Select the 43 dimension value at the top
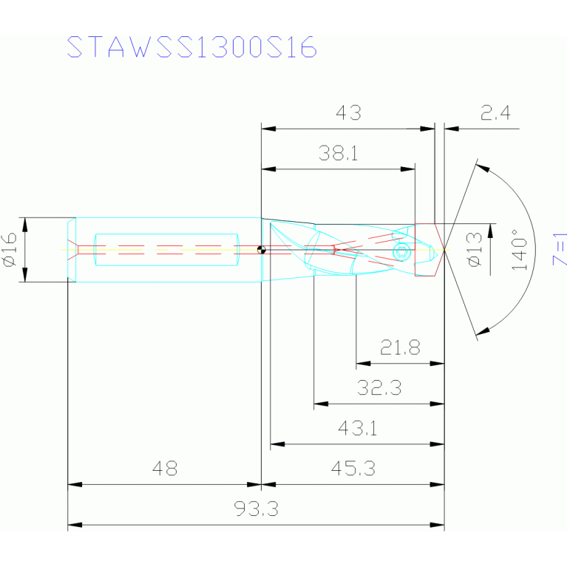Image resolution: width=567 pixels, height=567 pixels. (x=348, y=113)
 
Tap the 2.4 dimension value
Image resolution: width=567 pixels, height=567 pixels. (x=495, y=113)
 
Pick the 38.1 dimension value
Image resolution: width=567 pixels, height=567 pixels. (x=338, y=154)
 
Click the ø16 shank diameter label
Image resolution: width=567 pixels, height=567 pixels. (x=10, y=249)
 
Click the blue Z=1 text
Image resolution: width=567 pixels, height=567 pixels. (x=559, y=249)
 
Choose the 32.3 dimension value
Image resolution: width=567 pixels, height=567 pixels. (x=379, y=388)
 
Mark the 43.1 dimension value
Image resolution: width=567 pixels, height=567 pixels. (x=357, y=428)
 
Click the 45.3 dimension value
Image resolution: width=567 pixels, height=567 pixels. (x=353, y=469)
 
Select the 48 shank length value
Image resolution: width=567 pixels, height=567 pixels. (x=164, y=469)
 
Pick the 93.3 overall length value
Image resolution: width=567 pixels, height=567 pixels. (x=255, y=509)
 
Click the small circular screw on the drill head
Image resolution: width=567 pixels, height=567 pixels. (x=401, y=252)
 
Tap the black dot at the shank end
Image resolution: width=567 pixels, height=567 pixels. (x=261, y=250)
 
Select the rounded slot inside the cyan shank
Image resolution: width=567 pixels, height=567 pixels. (x=166, y=250)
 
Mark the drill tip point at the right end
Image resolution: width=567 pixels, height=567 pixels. (x=444, y=250)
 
